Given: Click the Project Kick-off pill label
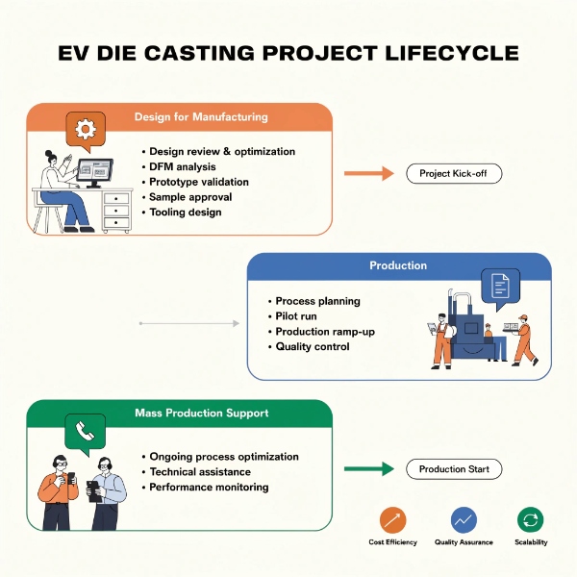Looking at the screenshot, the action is (x=454, y=173).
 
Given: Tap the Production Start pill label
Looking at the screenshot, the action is (x=454, y=469).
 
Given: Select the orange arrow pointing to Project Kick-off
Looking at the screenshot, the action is (x=368, y=173).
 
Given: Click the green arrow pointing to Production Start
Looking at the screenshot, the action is (x=368, y=469).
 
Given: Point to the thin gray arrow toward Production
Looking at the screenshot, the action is (x=189, y=323).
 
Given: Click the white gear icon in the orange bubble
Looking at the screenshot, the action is (x=86, y=129).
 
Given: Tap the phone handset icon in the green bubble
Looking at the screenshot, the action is (x=85, y=431).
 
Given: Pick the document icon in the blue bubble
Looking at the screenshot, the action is (x=500, y=286).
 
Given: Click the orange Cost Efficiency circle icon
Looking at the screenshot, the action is (x=392, y=520).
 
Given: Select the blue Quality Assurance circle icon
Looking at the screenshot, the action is (x=464, y=520).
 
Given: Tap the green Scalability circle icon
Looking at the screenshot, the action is (x=530, y=520).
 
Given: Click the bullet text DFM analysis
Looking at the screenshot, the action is (x=183, y=166).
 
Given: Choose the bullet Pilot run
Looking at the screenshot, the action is (x=296, y=316).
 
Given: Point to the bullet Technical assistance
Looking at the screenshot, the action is (x=200, y=472).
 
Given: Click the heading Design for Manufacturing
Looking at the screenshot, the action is (x=201, y=116).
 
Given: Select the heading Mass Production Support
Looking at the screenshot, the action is (x=202, y=413).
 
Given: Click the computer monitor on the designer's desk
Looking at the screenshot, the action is (x=94, y=172).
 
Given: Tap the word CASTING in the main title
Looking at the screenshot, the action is (x=199, y=53).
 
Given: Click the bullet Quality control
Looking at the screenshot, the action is (x=313, y=346).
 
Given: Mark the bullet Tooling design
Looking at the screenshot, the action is (x=186, y=213).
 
